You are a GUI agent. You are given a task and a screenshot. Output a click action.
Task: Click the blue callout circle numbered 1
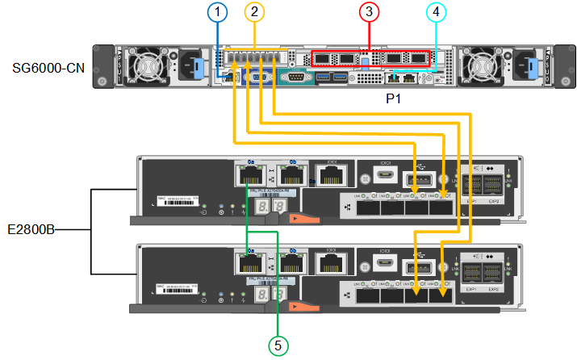click(216, 12)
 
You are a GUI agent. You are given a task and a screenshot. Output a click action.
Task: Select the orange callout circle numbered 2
click(255, 12)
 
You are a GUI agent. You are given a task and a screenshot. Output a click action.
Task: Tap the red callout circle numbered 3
click(369, 12)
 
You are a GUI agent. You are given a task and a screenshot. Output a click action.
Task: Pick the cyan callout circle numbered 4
click(436, 12)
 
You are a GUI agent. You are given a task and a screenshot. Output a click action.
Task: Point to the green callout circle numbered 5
click(278, 345)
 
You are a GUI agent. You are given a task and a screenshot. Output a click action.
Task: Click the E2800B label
click(31, 229)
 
